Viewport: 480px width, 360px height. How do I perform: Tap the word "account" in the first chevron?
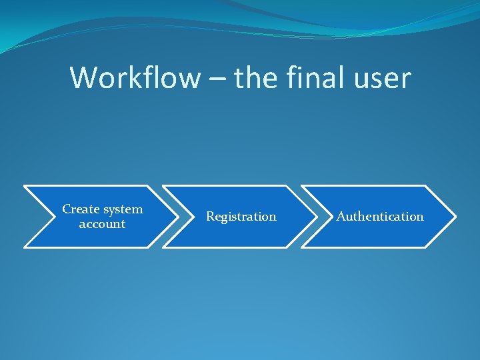tap(102, 224)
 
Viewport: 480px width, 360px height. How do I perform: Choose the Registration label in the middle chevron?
tap(241, 217)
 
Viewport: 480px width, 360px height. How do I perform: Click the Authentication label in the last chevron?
tap(380, 217)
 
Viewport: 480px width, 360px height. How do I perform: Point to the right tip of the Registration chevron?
tap(317, 217)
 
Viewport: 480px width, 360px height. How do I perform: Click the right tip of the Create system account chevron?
tap(178, 217)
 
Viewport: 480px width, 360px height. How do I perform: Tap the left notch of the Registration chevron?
tap(194, 217)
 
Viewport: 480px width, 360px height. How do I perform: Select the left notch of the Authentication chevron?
tap(333, 217)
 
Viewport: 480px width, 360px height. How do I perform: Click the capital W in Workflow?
tap(82, 78)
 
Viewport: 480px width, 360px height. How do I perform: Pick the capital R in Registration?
tap(210, 217)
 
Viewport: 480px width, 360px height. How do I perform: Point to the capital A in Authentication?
tap(341, 217)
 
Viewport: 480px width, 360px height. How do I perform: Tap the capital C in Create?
tap(66, 209)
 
